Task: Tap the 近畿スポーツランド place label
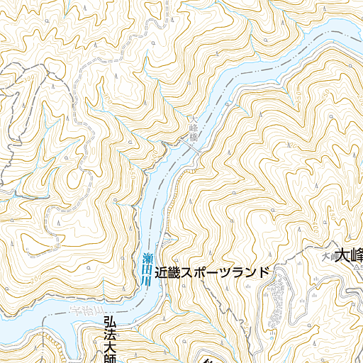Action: pos(213,272)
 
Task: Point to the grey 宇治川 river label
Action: pos(89,311)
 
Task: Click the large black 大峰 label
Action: pos(349,255)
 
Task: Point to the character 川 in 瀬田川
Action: pos(146,281)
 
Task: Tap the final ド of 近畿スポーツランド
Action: pos(264,272)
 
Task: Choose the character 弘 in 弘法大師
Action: pos(108,323)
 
